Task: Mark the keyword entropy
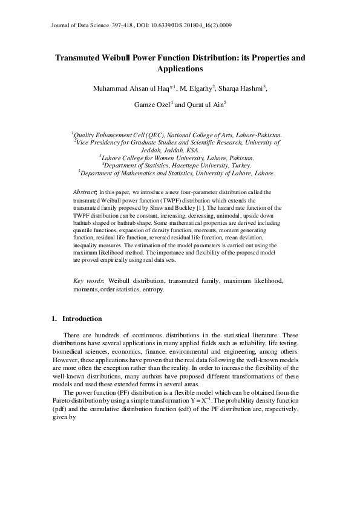(x=152, y=290)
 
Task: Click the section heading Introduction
(x=82, y=319)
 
